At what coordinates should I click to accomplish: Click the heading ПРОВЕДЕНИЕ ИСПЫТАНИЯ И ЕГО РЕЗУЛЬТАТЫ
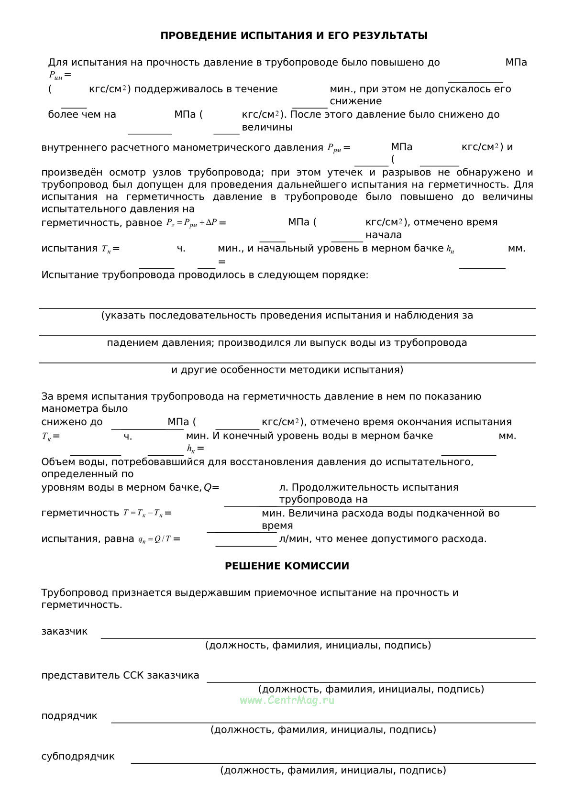click(294, 36)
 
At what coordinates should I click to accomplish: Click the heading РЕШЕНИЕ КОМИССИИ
click(287, 566)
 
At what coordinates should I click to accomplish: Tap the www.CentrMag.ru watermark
click(287, 700)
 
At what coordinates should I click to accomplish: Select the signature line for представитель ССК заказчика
click(371, 681)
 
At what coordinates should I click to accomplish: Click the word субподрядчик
click(78, 757)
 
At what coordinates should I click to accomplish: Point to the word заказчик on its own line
click(65, 631)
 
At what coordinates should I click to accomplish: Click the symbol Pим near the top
click(56, 75)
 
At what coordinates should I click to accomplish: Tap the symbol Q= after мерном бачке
click(211, 488)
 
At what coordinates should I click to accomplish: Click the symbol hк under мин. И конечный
click(191, 449)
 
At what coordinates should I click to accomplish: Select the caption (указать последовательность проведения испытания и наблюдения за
click(287, 316)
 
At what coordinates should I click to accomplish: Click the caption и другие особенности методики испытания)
click(287, 370)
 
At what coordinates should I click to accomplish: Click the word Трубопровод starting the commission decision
click(75, 593)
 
